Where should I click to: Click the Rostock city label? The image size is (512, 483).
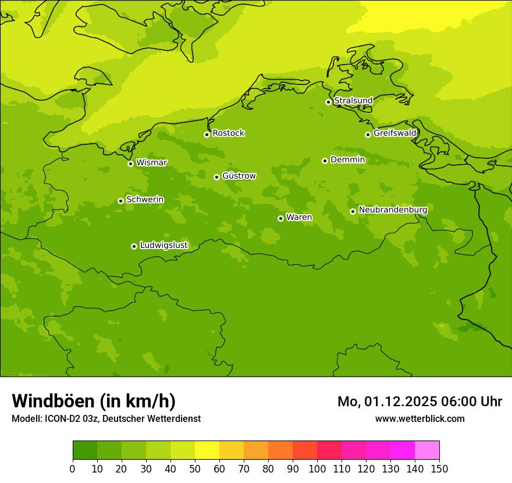coord(228,133)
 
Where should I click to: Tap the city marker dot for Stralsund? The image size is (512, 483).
coord(328,102)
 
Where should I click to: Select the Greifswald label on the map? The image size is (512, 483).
coord(394,133)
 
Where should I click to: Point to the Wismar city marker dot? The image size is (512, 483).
coord(130,164)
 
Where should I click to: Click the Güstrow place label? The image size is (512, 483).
coord(239,176)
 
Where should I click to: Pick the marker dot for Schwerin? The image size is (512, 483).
coord(120,201)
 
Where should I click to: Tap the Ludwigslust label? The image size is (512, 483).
coord(163,246)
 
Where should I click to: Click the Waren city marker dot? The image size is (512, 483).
coord(280,218)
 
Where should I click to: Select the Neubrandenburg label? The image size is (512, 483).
coord(393,210)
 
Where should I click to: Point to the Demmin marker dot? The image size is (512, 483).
coord(325,161)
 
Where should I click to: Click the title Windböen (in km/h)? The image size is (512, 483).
coord(94,401)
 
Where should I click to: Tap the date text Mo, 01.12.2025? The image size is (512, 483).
coord(386,402)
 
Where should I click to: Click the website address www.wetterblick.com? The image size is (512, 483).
coord(419,418)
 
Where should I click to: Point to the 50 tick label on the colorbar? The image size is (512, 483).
coord(195,468)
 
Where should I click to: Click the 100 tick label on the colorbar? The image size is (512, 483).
coord(317,468)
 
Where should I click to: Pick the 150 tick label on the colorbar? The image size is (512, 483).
coord(439,468)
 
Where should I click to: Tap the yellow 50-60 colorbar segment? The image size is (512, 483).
coord(207,450)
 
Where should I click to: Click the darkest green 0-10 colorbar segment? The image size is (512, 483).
coord(85,450)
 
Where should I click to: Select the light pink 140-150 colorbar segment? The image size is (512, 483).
coord(427,450)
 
